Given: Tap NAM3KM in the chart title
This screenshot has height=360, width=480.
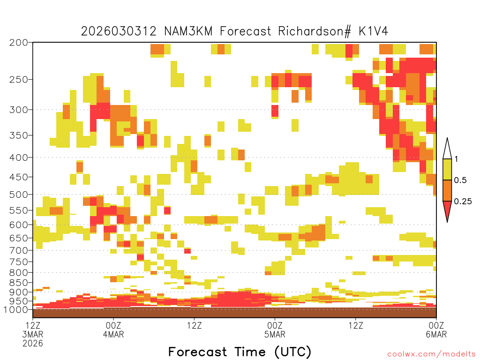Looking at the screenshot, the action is click(188, 31).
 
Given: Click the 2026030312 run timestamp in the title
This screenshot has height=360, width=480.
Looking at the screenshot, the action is click(119, 31).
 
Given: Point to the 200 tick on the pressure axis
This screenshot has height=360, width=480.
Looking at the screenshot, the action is click(18, 43).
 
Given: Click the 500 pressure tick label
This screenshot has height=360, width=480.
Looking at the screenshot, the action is click(18, 195).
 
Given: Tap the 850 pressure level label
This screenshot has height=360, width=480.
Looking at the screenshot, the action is click(18, 283).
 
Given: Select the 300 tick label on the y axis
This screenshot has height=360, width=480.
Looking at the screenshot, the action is click(18, 110).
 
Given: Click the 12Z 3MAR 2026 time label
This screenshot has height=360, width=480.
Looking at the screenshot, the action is click(33, 334).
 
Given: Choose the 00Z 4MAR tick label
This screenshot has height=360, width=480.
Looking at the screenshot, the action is click(113, 330).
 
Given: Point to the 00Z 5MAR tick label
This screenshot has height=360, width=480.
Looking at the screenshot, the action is click(275, 330).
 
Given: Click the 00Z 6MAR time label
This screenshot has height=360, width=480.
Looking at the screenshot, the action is click(436, 330).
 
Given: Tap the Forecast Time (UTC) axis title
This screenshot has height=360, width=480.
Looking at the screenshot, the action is click(240, 352).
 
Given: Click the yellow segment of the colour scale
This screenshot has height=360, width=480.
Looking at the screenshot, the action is click(447, 169).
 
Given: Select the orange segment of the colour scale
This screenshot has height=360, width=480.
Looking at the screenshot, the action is click(447, 190).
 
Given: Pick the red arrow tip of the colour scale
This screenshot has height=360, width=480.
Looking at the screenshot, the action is click(447, 221).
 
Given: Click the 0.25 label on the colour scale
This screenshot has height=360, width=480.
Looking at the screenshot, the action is click(463, 201).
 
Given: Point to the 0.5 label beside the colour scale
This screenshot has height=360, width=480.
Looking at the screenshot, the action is click(460, 180).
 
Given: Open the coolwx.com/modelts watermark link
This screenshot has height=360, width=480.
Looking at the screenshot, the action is click(431, 354).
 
